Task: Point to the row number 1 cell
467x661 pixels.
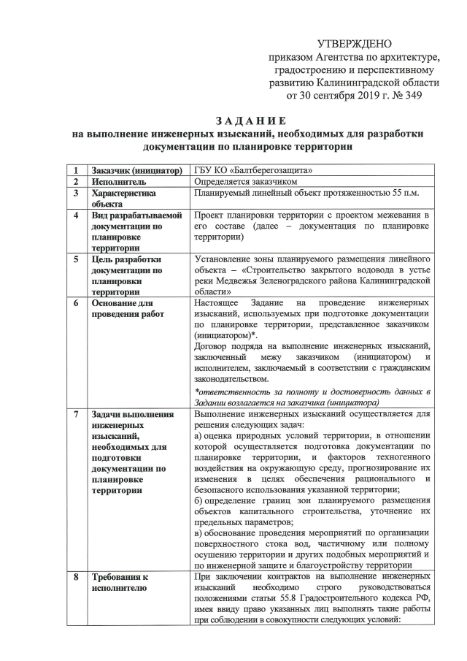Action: click(x=75, y=170)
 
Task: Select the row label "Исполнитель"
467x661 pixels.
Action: click(x=119, y=182)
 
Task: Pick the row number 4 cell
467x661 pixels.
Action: click(x=75, y=216)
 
